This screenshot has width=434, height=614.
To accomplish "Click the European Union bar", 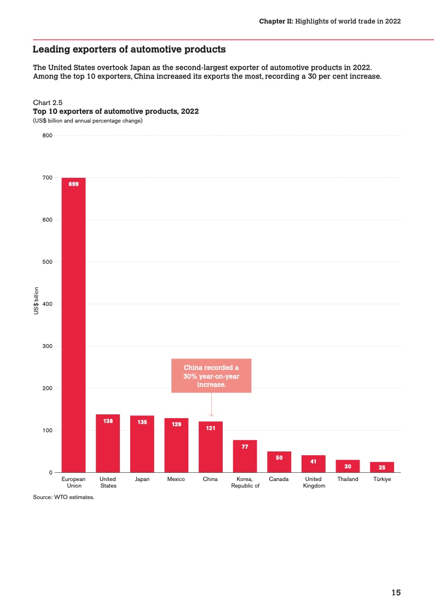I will (x=73, y=325).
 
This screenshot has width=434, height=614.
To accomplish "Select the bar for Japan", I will (x=142, y=444).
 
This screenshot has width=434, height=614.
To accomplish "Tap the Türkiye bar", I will (x=381, y=467).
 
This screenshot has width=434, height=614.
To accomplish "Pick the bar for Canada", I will (x=279, y=462).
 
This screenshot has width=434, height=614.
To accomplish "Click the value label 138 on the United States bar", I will (x=108, y=421).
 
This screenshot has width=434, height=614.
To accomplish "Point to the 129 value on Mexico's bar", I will (x=176, y=425).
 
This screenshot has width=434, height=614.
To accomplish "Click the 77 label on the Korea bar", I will (x=245, y=447).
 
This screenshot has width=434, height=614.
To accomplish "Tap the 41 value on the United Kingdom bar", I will (x=313, y=461).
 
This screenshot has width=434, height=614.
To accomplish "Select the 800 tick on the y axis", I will (x=47, y=136).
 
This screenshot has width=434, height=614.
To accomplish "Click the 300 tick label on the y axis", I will (x=47, y=346).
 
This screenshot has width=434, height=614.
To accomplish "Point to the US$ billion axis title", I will (x=37, y=300).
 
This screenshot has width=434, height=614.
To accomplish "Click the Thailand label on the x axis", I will (x=348, y=479).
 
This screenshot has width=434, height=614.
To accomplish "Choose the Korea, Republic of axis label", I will (x=245, y=482).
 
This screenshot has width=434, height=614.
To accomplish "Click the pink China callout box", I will (x=211, y=375).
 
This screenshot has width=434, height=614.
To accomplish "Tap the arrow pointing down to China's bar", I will (x=211, y=405).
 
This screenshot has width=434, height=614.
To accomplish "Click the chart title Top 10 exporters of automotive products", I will (x=115, y=112).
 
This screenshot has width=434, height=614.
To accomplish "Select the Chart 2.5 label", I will (x=48, y=103).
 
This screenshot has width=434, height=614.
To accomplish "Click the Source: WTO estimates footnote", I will (x=63, y=498).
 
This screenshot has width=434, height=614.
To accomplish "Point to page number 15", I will (x=396, y=593).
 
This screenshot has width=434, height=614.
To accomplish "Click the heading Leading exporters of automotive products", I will (x=129, y=50).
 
